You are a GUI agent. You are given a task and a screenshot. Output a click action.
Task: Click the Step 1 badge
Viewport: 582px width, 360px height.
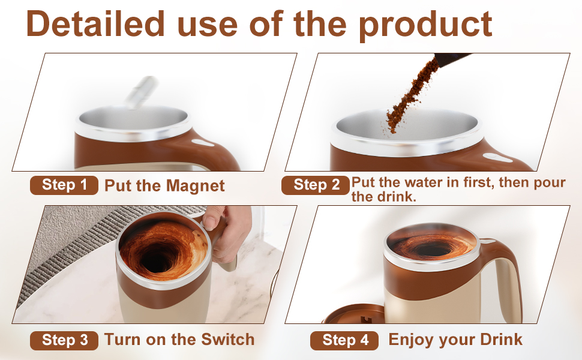64,185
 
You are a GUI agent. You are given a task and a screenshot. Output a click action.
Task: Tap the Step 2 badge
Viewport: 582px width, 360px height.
315,185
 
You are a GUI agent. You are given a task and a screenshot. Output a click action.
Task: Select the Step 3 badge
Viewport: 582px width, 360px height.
64,340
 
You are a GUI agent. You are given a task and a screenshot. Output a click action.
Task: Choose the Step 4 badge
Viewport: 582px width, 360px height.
344,340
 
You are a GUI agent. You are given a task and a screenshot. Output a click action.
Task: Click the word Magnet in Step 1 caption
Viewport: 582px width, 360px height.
195,185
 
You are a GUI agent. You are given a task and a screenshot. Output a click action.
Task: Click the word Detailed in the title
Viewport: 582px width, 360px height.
95,24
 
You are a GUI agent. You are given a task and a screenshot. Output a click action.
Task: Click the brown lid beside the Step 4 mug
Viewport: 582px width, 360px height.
353,314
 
